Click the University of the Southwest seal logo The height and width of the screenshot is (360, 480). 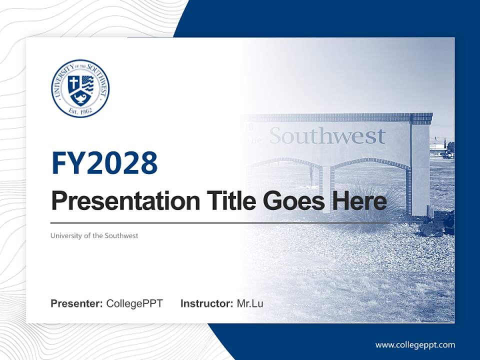pos(80,88)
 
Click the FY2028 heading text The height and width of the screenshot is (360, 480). pos(104,163)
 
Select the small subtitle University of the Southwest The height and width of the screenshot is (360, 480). pos(94,235)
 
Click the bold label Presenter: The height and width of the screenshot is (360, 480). pos(77,303)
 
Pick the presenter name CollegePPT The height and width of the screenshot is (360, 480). pos(134,303)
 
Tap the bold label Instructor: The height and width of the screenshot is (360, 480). pos(206,303)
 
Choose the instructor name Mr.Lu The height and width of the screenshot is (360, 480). pos(250,303)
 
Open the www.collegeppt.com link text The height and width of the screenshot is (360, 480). pos(415,345)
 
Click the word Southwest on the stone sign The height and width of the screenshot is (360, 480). pos(327,136)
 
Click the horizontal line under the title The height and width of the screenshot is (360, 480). pos(220,222)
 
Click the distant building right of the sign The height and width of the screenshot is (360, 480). pos(439,148)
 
